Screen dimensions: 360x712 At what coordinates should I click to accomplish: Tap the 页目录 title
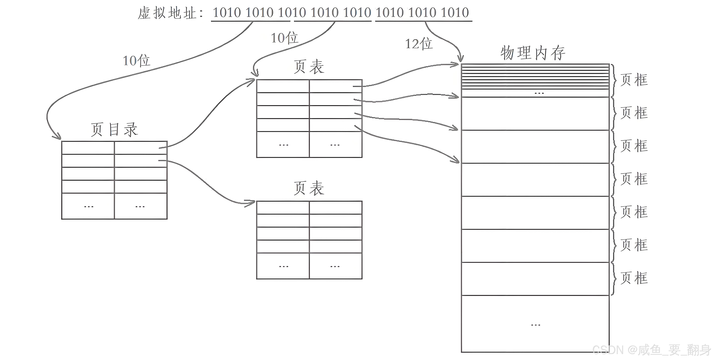point(114,129)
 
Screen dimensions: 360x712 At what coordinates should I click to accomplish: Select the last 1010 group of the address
point(455,12)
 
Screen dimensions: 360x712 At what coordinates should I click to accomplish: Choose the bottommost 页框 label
point(634,278)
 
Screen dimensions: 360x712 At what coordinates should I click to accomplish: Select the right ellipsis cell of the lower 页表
point(335,266)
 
